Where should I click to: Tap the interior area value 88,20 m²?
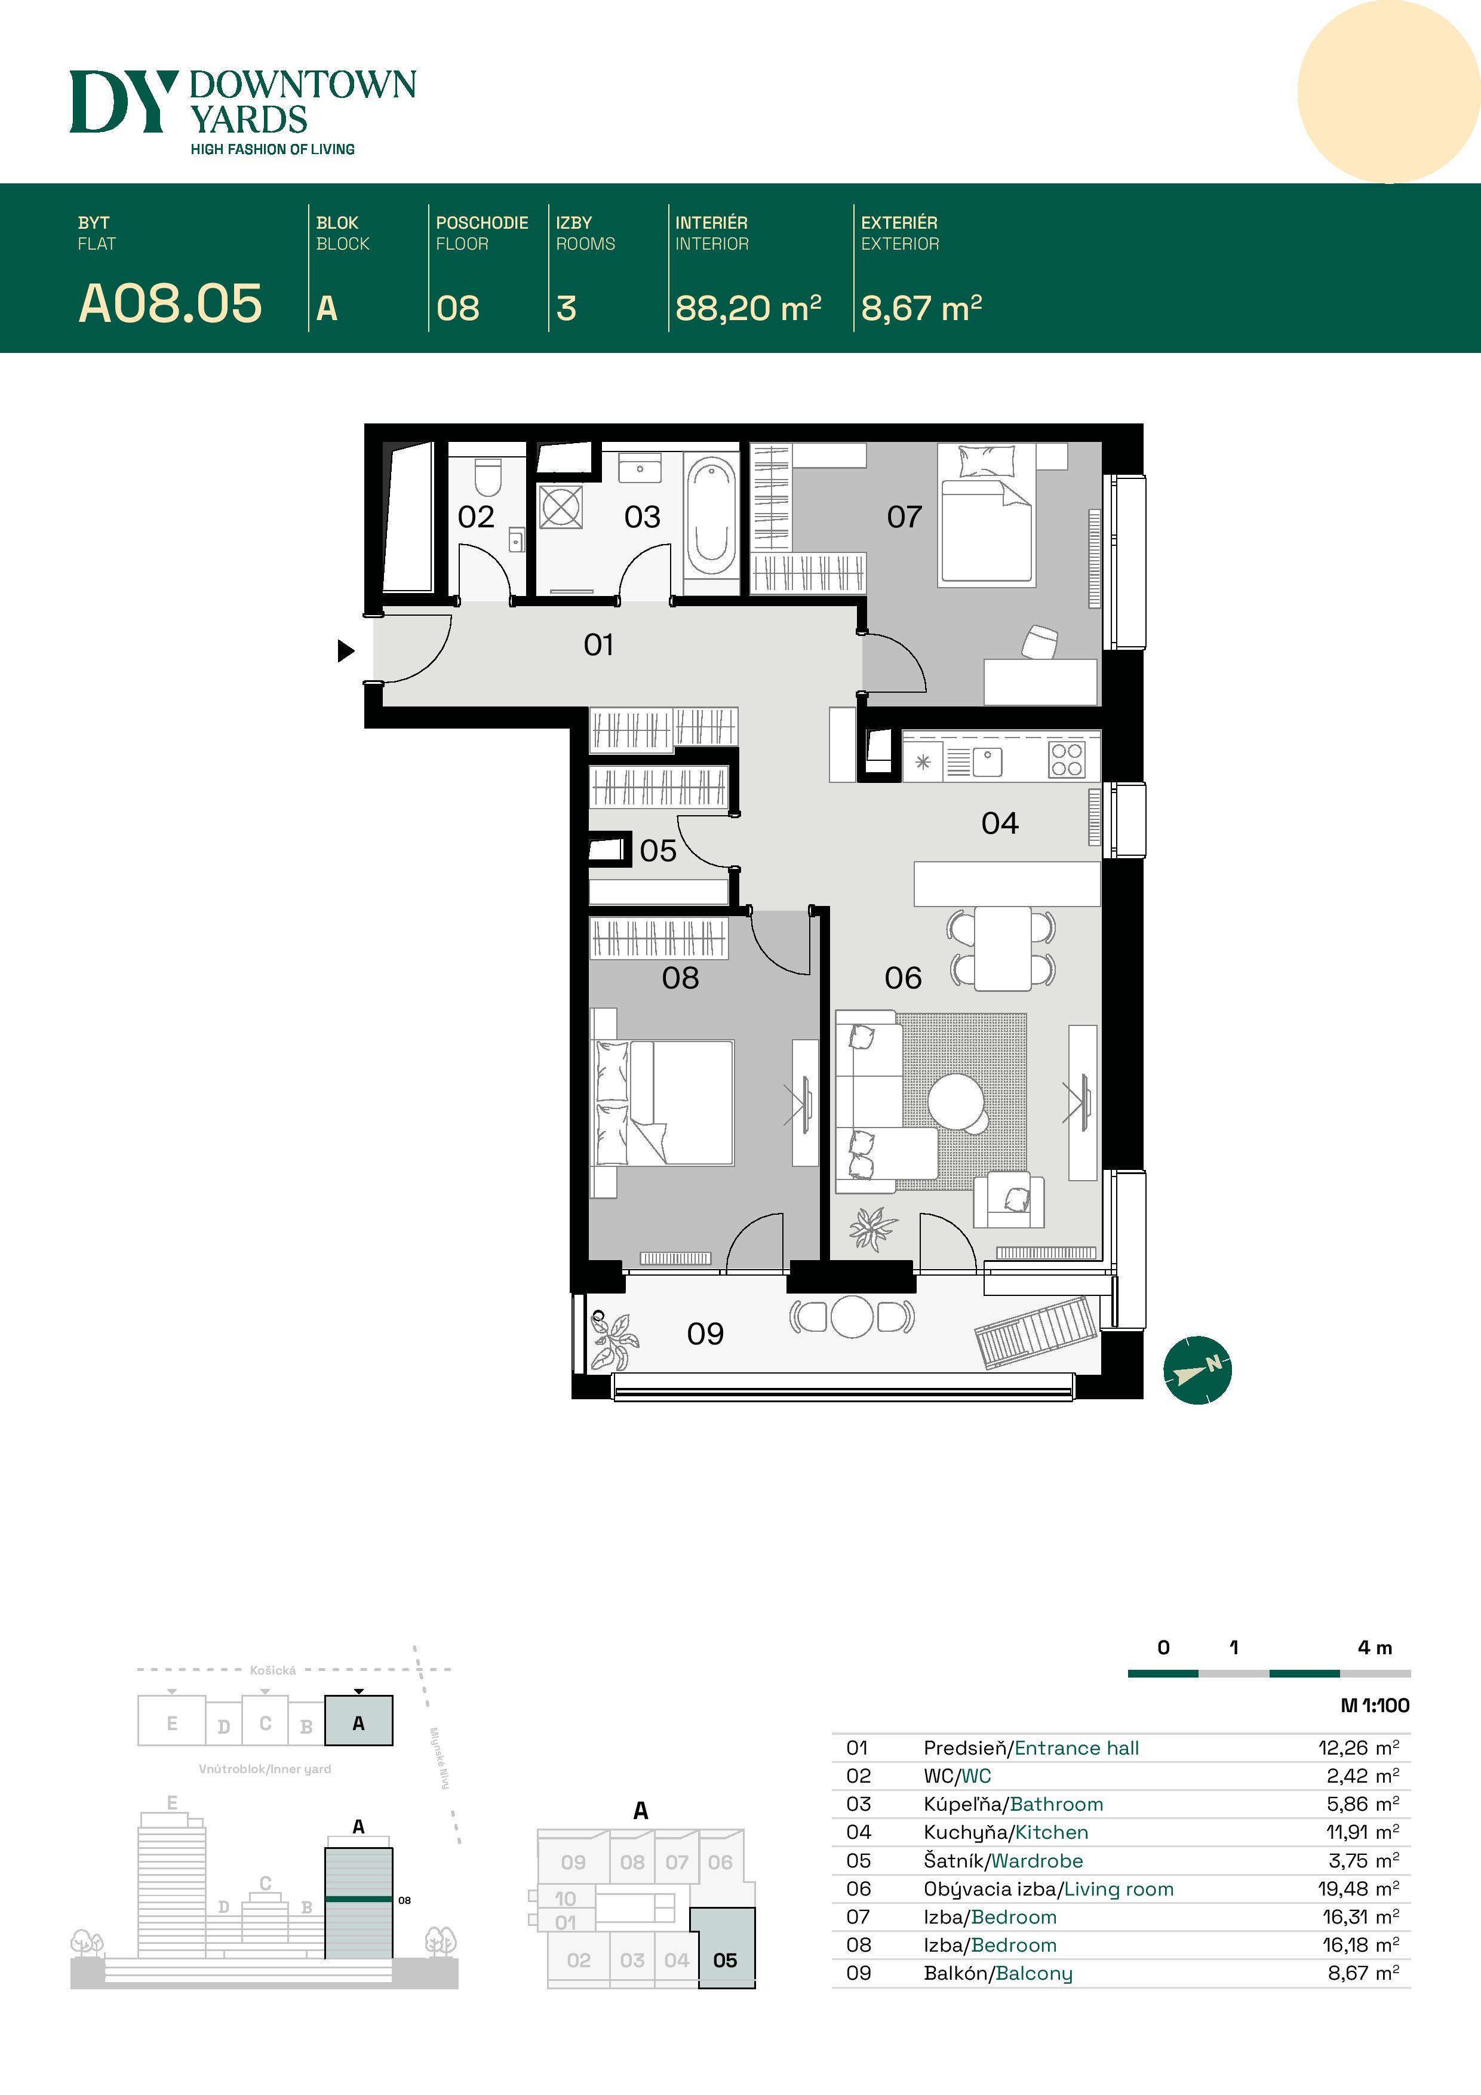point(747,308)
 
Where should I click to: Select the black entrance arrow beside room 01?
point(345,650)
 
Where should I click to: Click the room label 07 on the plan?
point(904,517)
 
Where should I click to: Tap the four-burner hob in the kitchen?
point(1066,759)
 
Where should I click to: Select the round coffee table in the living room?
point(956,1099)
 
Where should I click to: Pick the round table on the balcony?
point(852,1317)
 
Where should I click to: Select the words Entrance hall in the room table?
point(1077,1748)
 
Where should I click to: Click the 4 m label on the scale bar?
point(1374,1647)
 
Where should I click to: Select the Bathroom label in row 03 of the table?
point(1056,1804)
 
